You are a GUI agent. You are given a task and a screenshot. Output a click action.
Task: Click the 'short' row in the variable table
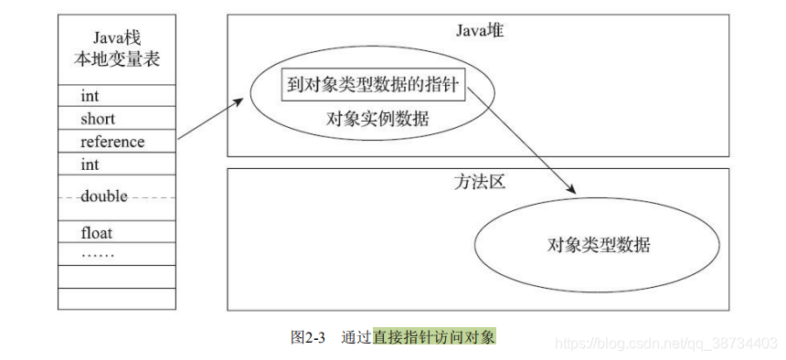(x=99, y=119)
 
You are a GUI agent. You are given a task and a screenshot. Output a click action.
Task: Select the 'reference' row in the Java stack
(x=112, y=142)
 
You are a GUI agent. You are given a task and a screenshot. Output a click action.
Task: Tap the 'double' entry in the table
(x=104, y=196)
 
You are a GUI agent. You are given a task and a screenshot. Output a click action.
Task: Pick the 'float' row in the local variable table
(x=97, y=233)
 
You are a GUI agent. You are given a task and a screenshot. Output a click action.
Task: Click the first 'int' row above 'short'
(x=90, y=96)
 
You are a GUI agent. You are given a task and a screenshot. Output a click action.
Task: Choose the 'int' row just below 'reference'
(x=90, y=164)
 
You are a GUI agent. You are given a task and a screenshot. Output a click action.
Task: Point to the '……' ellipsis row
(x=98, y=252)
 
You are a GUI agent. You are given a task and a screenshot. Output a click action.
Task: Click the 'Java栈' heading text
(x=116, y=37)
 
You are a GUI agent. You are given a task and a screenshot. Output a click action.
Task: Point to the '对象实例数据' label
(x=377, y=119)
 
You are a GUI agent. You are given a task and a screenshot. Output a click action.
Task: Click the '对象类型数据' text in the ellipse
(x=599, y=244)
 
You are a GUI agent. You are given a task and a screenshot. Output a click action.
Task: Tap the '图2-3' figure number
(x=308, y=336)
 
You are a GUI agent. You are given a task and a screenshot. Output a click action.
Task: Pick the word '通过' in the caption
(x=356, y=336)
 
